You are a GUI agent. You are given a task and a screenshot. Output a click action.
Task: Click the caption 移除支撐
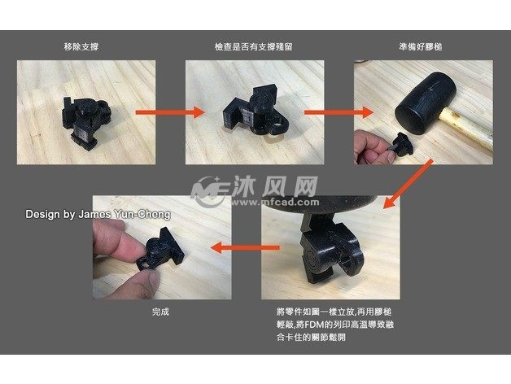tap(81, 47)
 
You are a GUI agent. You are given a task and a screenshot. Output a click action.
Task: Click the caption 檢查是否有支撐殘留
tap(254, 47)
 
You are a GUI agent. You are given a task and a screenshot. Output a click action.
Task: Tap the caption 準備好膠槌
tap(421, 47)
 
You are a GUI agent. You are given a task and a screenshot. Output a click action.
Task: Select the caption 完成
tap(160, 312)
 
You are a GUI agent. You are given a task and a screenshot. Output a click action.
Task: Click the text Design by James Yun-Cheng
tap(98, 214)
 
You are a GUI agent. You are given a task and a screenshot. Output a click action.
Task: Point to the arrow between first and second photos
tap(170, 112)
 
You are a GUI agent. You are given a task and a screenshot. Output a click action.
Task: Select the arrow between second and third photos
tap(338, 112)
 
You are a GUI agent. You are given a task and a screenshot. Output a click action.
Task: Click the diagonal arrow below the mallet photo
tap(408, 184)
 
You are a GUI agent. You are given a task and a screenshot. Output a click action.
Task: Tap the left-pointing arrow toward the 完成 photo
tap(245, 247)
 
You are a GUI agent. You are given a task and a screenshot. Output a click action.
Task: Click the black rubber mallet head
tap(426, 103)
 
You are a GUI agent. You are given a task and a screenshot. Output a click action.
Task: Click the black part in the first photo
tap(85, 121)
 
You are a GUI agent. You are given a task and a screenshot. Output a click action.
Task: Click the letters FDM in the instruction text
tap(311, 325)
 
